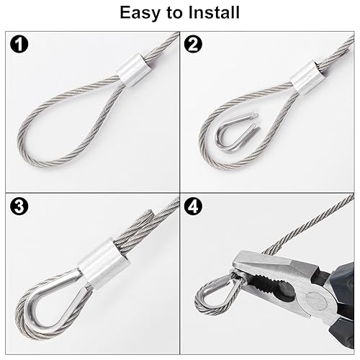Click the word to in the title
(171, 13)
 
